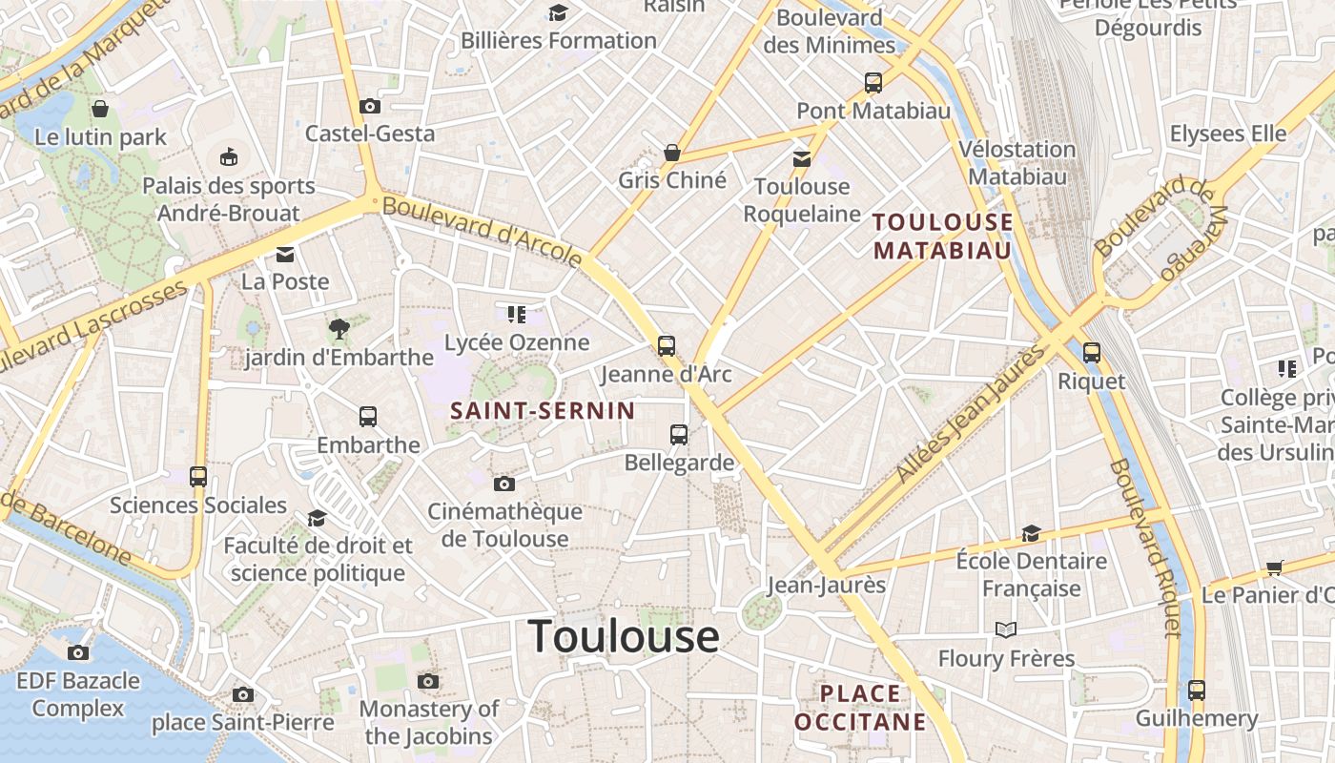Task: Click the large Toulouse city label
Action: click(x=624, y=636)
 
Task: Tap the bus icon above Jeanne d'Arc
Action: click(x=667, y=346)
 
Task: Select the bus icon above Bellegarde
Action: click(x=679, y=435)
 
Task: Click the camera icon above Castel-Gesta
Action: click(x=370, y=106)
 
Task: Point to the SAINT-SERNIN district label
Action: click(x=543, y=411)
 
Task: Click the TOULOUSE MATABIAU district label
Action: click(x=942, y=236)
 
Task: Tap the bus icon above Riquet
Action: click(x=1092, y=353)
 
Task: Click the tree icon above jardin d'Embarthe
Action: click(x=339, y=329)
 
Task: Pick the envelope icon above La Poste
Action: click(x=285, y=255)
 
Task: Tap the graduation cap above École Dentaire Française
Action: click(x=1031, y=533)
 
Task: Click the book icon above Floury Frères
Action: click(x=1006, y=629)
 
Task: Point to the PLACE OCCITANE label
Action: click(x=860, y=707)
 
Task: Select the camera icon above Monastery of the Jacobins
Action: click(x=428, y=681)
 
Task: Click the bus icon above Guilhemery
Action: click(x=1197, y=690)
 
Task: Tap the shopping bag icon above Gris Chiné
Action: click(x=672, y=153)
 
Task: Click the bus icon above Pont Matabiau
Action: click(x=873, y=83)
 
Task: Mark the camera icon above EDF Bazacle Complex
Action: click(x=78, y=652)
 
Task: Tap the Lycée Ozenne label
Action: click(x=517, y=342)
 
